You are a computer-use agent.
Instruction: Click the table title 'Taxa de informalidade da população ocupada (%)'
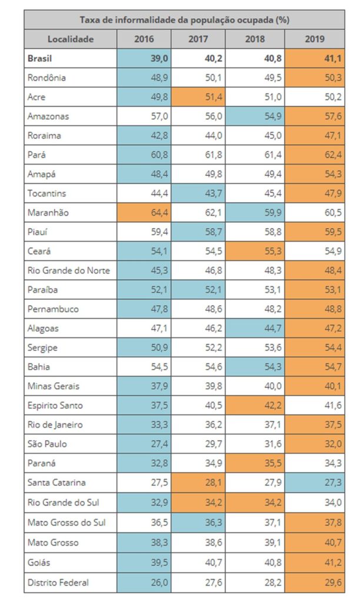coord(184,19)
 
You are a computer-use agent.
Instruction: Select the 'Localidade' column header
coord(70,39)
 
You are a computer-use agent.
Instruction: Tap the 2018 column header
coord(257,39)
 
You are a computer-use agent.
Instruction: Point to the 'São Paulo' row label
coord(48,444)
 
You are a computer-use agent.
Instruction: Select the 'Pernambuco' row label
coord(53,309)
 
